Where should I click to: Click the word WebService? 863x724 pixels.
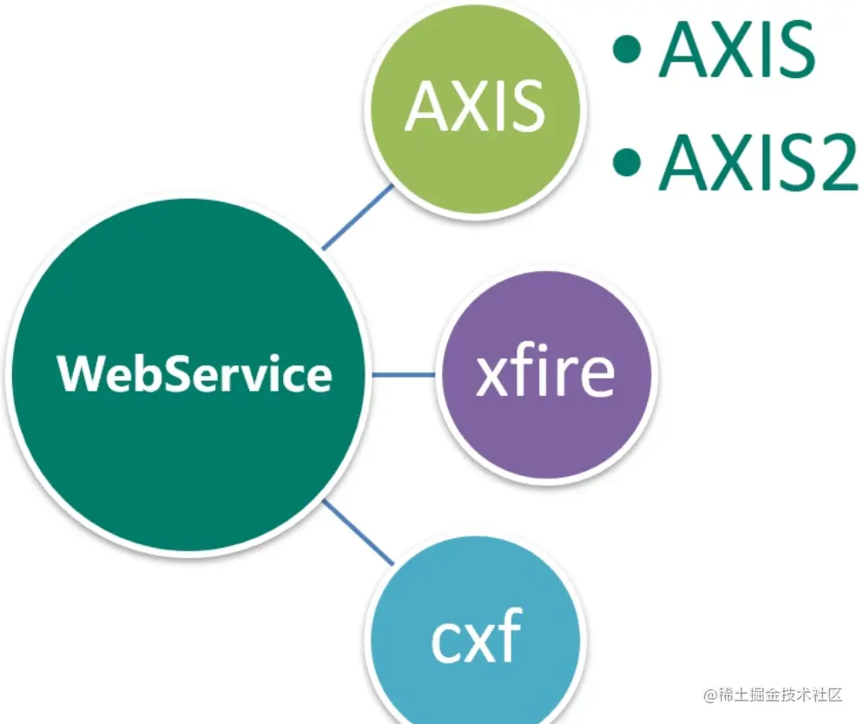(x=194, y=374)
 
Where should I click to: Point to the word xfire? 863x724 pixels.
(x=546, y=374)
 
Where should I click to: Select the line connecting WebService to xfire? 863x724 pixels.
(x=405, y=375)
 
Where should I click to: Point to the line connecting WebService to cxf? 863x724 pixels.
(x=356, y=533)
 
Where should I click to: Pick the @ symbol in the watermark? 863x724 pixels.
(x=710, y=695)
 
